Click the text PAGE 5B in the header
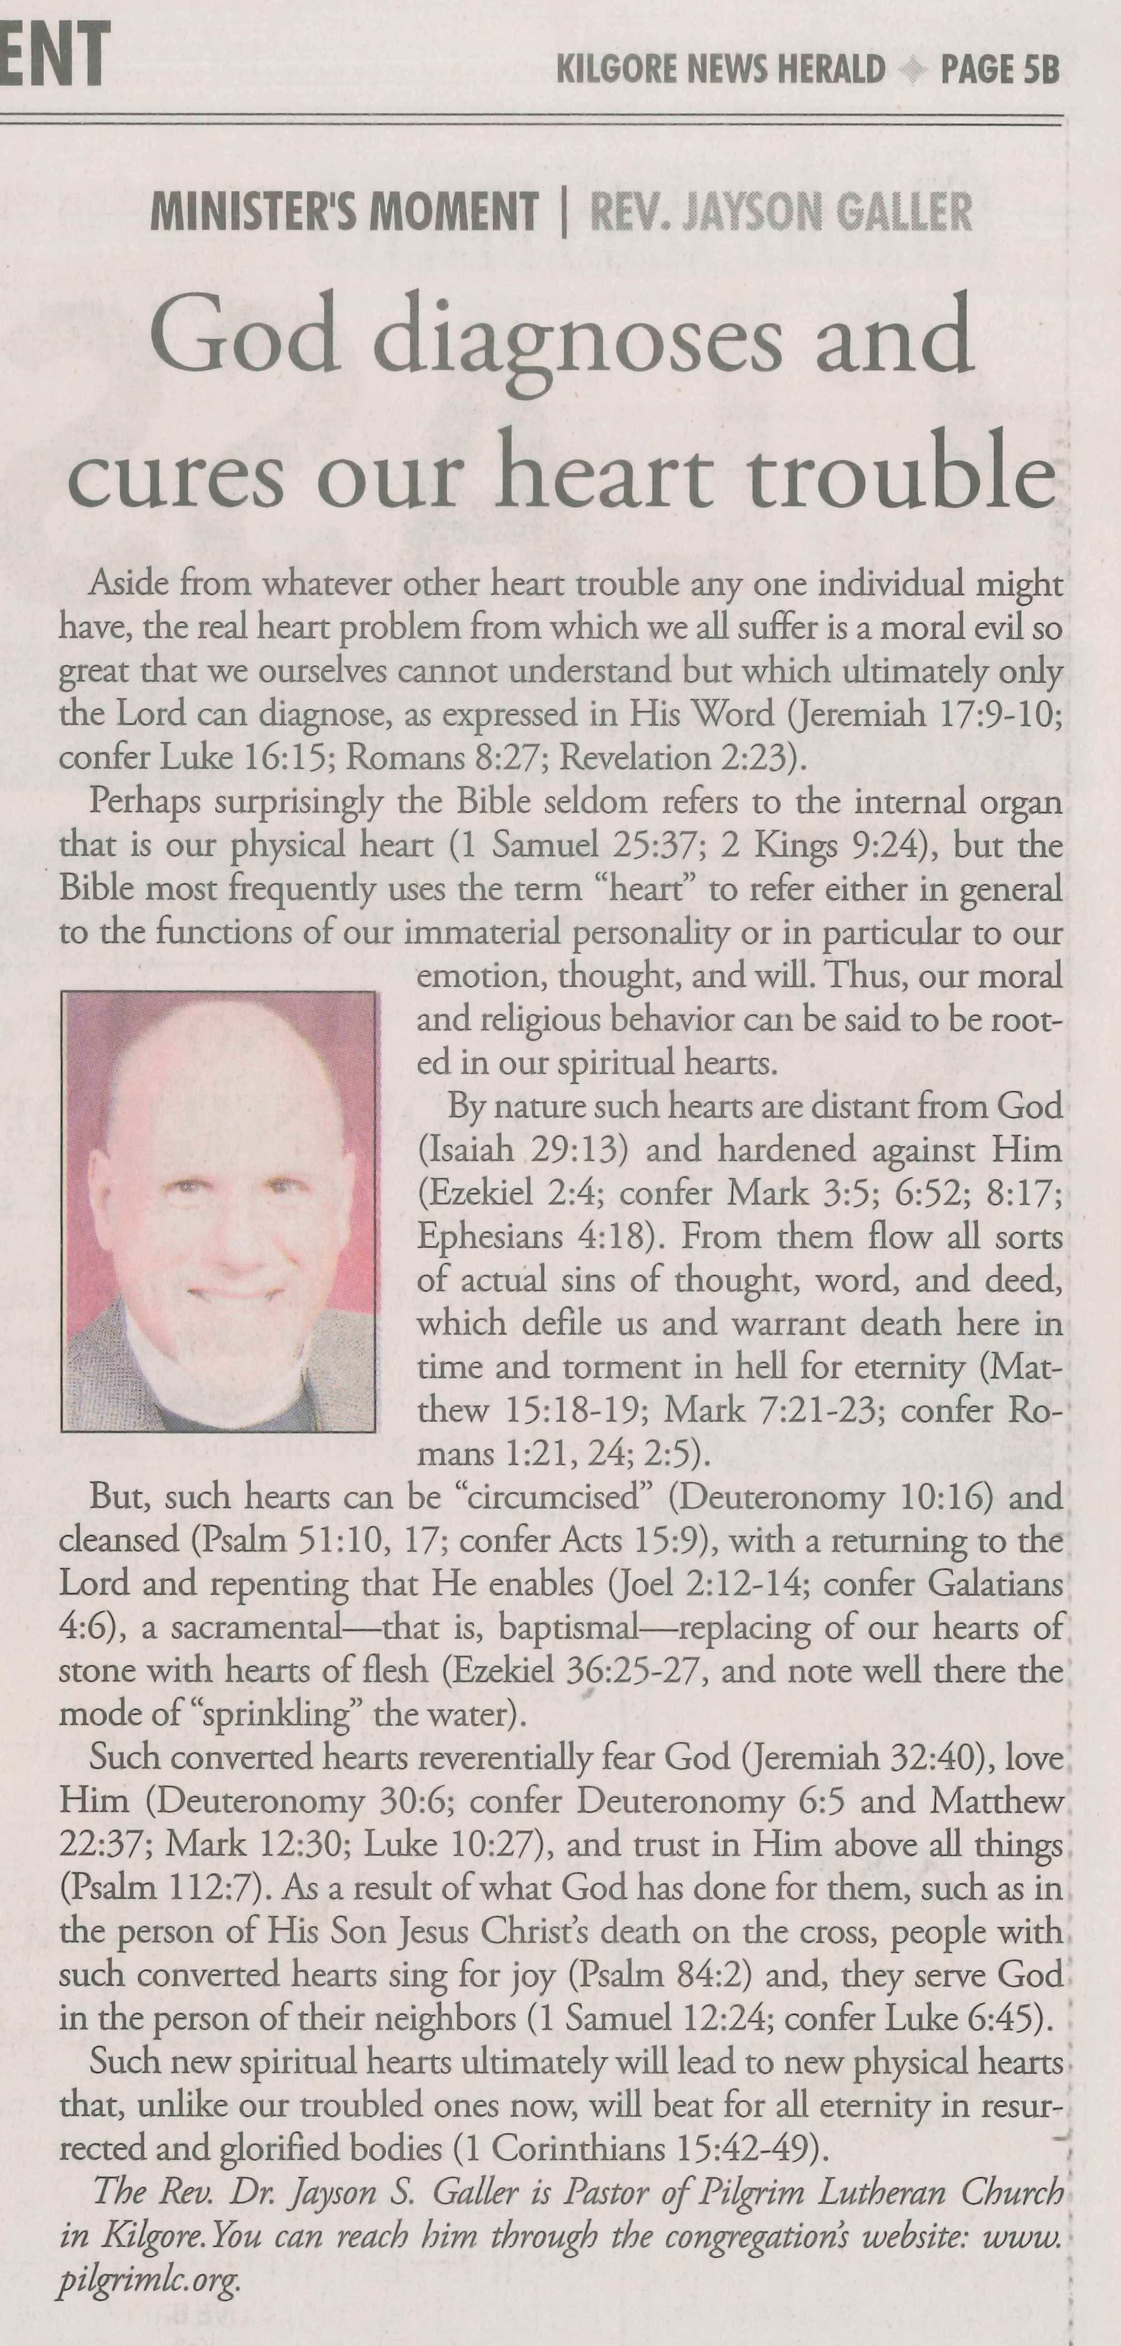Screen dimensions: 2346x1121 point(1000,70)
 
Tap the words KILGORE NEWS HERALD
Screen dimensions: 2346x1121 point(720,70)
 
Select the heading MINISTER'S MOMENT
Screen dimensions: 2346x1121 point(344,212)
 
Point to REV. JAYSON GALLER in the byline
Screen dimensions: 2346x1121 point(782,212)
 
